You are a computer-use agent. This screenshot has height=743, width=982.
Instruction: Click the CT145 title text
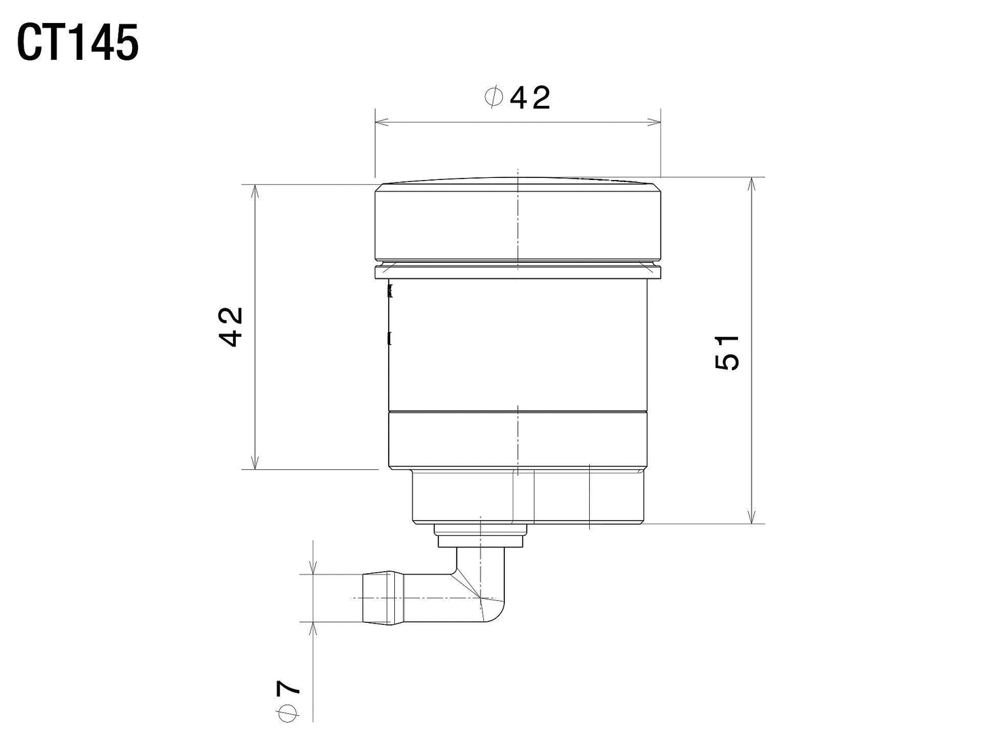[77, 43]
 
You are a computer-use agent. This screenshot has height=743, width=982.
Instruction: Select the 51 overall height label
[726, 352]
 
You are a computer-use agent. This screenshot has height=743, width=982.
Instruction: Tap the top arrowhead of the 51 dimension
[752, 184]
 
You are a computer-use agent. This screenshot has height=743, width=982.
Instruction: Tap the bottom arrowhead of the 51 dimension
[752, 517]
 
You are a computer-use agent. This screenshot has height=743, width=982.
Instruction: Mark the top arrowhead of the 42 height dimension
[255, 191]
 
